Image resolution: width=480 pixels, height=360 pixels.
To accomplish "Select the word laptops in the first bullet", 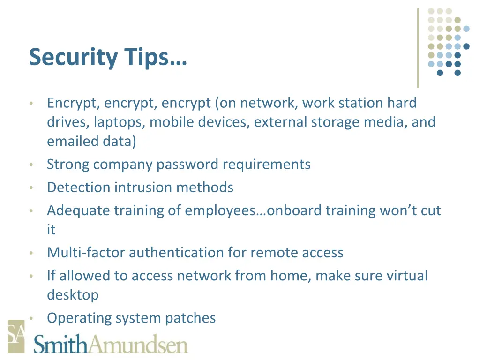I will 120,122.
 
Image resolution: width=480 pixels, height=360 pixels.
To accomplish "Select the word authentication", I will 176,253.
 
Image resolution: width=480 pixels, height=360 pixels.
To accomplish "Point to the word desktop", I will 73,295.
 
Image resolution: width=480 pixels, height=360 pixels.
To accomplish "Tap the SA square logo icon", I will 16,336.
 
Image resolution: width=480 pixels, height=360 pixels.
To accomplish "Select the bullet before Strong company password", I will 30,165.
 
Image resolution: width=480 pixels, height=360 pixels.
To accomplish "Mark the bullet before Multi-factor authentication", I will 30,253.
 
